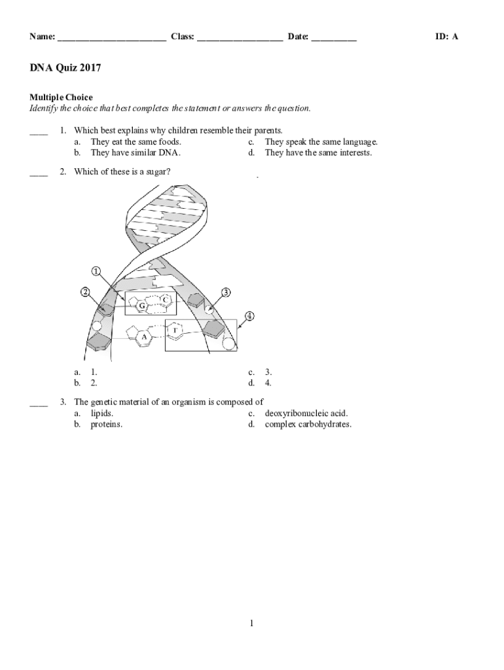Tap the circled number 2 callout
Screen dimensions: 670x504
pos(85,292)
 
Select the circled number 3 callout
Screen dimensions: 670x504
pos(226,292)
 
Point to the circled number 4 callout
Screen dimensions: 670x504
pos(249,316)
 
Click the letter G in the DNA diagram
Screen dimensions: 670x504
pos(141,306)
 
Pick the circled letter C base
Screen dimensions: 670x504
pos(166,300)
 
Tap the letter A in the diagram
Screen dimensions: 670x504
pos(145,337)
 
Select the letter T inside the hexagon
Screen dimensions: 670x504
pos(175,330)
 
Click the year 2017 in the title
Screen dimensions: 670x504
pos(90,68)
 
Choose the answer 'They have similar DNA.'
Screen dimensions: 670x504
pos(135,152)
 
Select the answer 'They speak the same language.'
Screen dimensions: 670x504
pos(321,141)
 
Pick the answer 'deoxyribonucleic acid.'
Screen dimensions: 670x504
pos(306,414)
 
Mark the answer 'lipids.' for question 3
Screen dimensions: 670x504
pos(102,414)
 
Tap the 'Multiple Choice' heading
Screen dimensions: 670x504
pos(61,97)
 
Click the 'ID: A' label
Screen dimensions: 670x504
pos(447,37)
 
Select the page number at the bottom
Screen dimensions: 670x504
pos(251,624)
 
